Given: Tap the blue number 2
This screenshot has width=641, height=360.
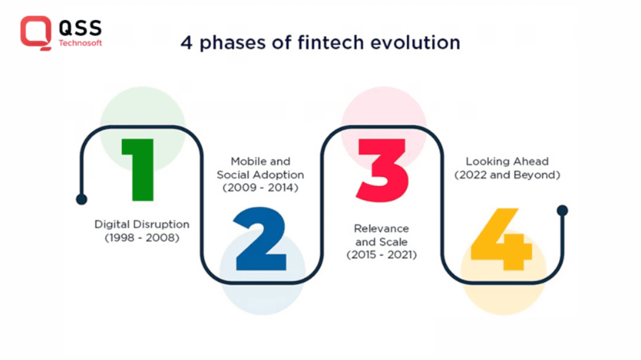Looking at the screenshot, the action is coord(260,239).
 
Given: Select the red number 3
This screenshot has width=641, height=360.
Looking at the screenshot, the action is coord(382,170).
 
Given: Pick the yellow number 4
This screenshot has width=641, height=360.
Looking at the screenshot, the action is coord(501,239).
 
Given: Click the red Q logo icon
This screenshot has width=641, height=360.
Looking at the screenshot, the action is coord(36,32).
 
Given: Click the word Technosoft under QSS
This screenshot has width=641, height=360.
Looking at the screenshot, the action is coord(80,43).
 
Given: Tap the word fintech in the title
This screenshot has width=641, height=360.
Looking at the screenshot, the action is coord(331,42).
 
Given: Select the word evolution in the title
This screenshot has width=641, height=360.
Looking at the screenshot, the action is coord(415,42).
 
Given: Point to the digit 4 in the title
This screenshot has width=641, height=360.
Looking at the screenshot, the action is coord(186,43).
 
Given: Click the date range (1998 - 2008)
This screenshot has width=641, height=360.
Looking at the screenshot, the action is coord(142,238).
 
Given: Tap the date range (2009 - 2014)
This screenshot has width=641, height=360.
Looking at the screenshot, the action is coord(260,188).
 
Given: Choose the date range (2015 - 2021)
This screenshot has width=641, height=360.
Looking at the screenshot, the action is coord(382,255).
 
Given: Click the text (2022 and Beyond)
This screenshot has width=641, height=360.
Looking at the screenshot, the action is coord(507,175).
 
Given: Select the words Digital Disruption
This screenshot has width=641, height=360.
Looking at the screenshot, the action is coord(142,225).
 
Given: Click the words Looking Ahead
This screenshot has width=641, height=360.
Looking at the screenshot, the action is coord(507,161).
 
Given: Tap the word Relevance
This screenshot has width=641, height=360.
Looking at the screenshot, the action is coord(382,228).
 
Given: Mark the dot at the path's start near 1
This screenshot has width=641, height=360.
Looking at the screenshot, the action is coord(81,199).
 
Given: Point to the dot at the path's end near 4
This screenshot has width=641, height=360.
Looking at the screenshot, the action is coord(562,210).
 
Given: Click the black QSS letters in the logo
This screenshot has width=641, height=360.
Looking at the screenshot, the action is coord(80,29).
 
